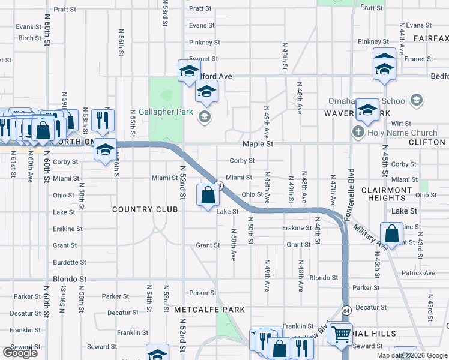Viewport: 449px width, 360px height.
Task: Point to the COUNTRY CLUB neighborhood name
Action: [x=145, y=209]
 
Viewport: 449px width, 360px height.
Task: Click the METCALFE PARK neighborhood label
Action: [x=209, y=310]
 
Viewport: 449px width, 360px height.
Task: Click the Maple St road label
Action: [x=258, y=145]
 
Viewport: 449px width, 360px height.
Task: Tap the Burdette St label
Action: [x=70, y=262]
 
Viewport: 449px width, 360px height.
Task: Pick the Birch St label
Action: [x=29, y=38]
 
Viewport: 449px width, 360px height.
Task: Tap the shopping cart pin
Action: [x=341, y=333]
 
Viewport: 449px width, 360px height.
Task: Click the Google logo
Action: [x=20, y=353]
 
